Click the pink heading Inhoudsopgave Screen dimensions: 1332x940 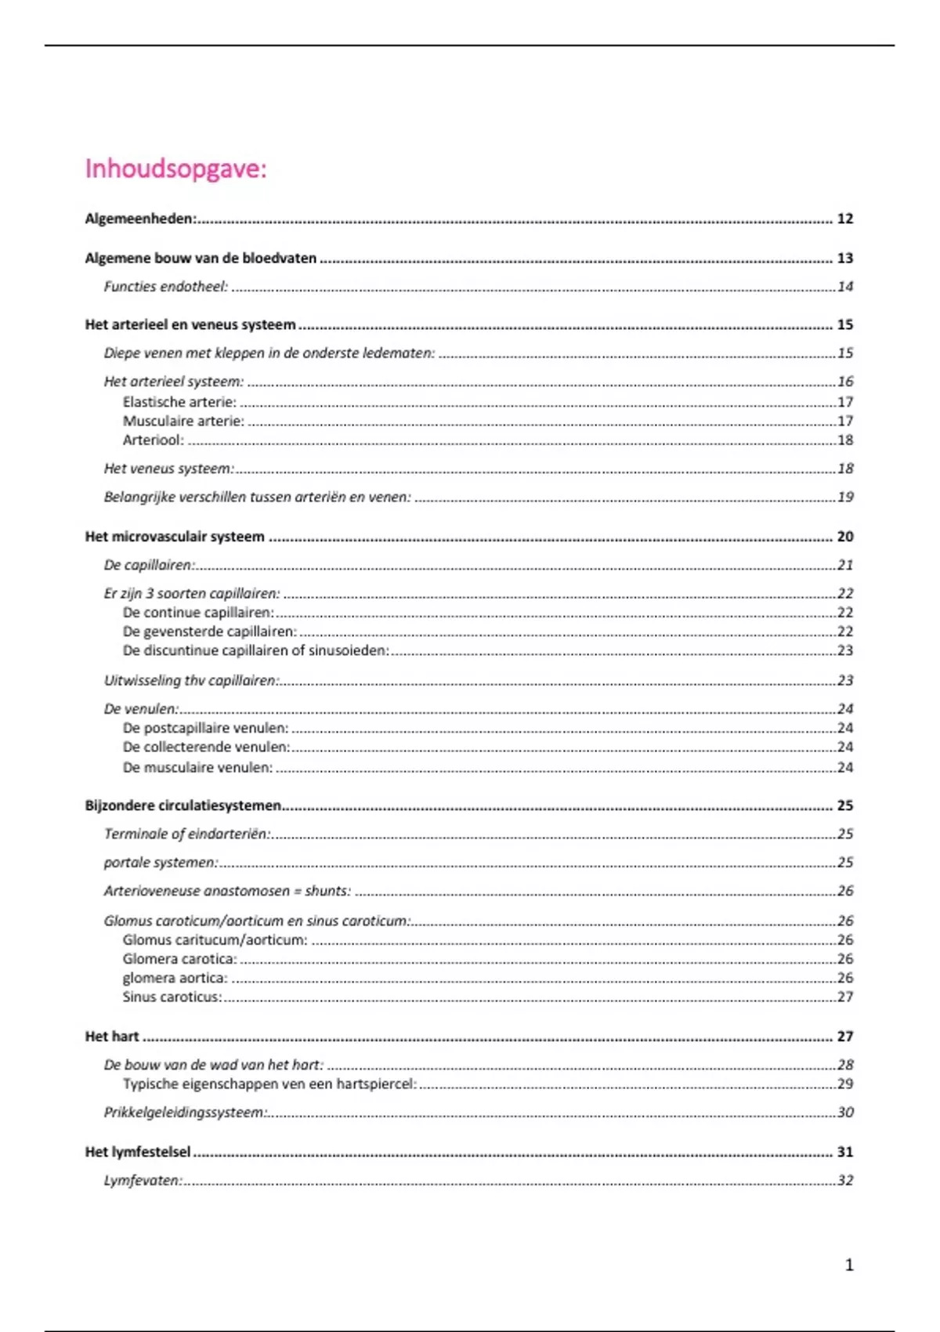tap(175, 168)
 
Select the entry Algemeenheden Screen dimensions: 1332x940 tap(140, 219)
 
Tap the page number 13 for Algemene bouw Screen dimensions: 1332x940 tap(844, 258)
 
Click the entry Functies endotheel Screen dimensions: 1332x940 tap(165, 287)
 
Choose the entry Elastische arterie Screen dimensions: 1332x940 tap(179, 402)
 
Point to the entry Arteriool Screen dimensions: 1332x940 tap(153, 440)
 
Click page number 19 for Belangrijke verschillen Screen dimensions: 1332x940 tap(844, 497)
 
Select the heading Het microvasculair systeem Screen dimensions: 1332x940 tap(175, 537)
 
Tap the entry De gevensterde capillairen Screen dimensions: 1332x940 tap(209, 632)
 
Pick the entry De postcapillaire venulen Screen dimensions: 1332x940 tap(205, 728)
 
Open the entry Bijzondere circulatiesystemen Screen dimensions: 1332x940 tap(183, 805)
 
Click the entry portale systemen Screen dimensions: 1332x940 tap(161, 863)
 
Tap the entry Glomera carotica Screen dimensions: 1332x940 tap(179, 959)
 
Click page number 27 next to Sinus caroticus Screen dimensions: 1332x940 tap(844, 997)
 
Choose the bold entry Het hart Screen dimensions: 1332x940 tap(112, 1037)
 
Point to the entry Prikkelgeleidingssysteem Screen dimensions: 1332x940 tap(185, 1113)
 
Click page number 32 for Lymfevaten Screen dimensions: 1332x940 tap(844, 1180)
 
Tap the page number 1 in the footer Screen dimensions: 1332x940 tap(849, 1265)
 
